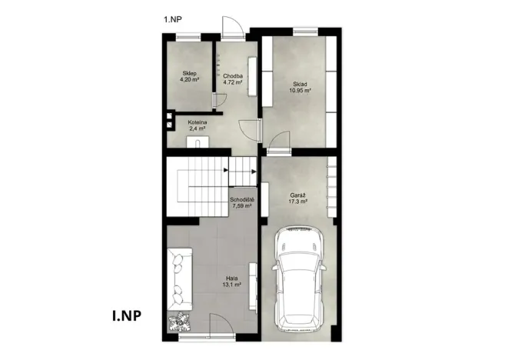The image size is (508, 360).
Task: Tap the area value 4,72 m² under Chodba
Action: pos(233,82)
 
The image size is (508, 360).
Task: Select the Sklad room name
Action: pos(300,84)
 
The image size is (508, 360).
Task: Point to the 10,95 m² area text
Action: pos(300,91)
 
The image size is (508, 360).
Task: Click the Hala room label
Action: pos(231,278)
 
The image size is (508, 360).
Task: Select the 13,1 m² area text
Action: pos(231,285)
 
